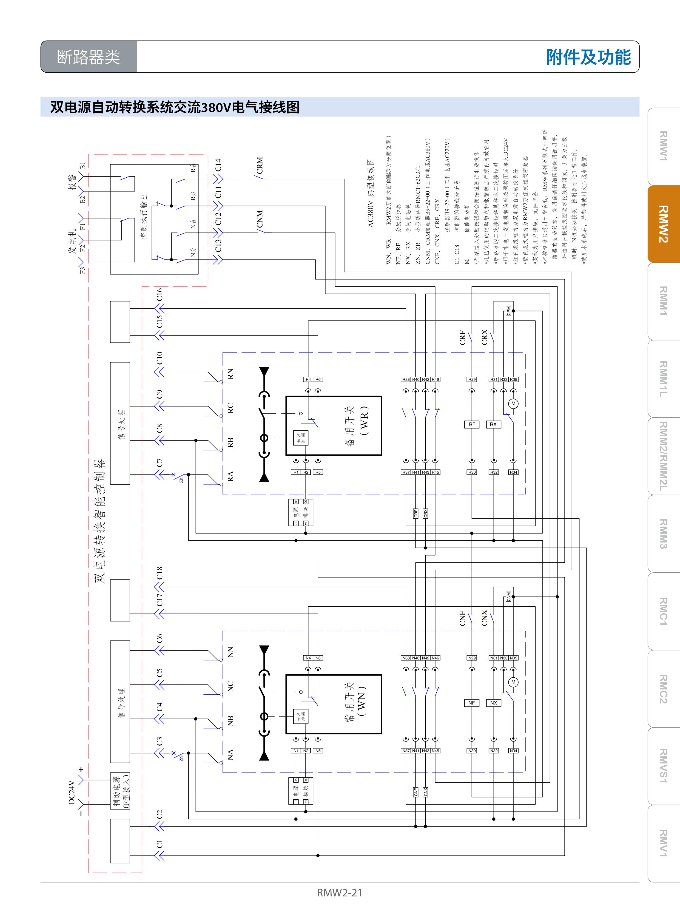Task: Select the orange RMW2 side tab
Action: point(663,224)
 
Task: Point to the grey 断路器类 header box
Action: point(89,57)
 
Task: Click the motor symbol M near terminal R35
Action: point(513,404)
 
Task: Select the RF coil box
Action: point(472,424)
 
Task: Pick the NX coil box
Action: point(494,703)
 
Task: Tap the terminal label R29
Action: point(472,379)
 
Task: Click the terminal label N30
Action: point(472,751)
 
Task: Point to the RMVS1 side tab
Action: point(663,766)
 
